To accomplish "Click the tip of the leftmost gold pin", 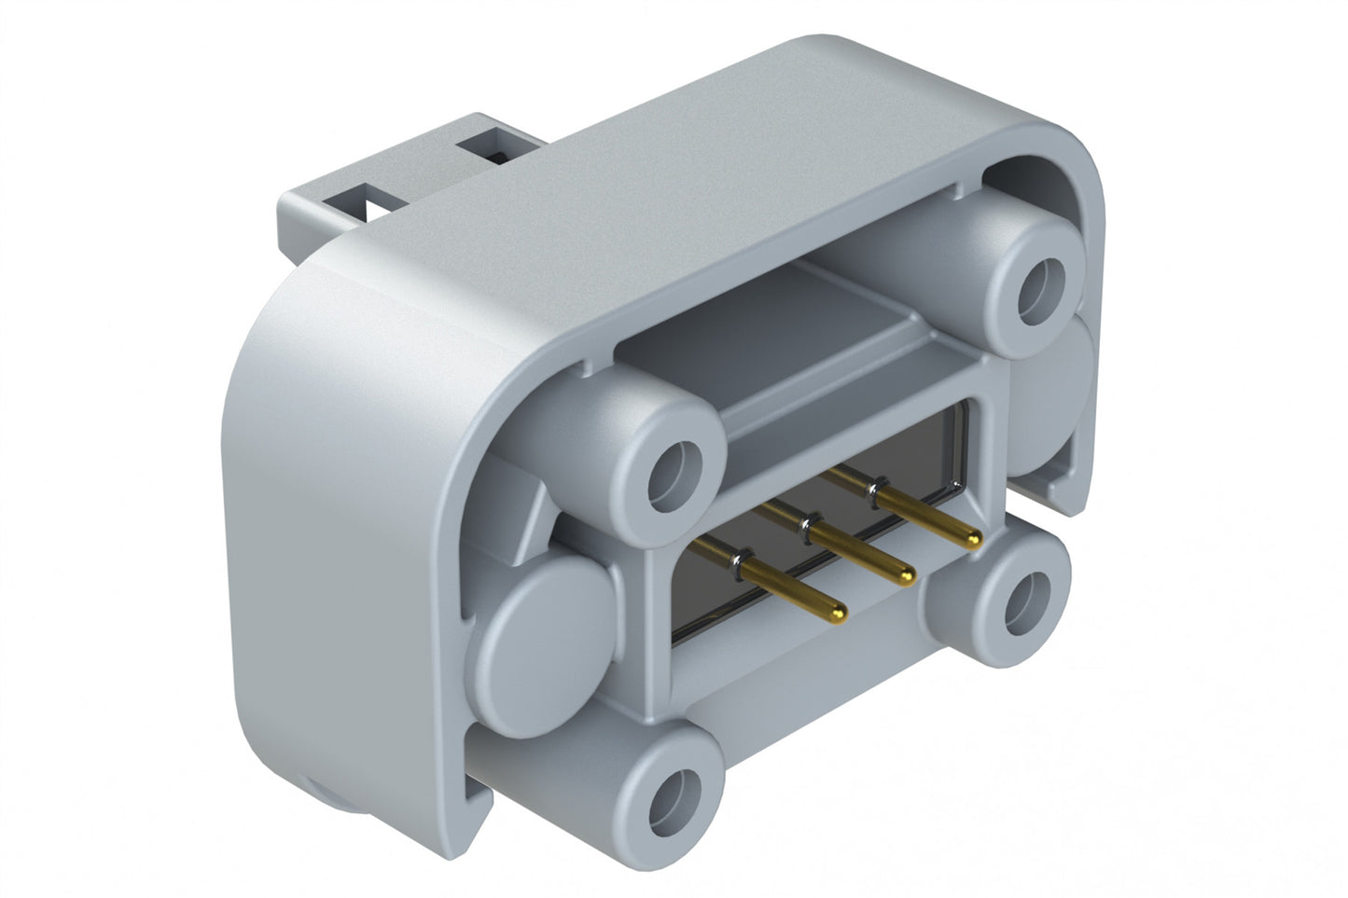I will click(840, 612).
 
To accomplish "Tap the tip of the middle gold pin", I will click(906, 579).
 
